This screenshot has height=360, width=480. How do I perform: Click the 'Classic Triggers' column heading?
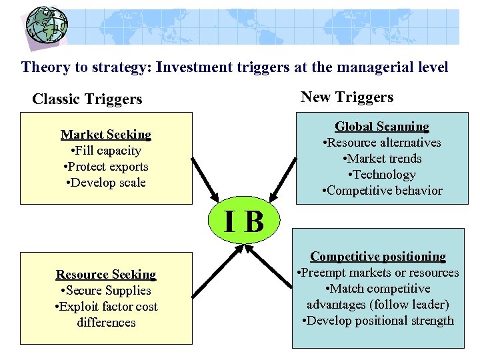(87, 99)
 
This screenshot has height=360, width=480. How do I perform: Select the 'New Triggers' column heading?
(347, 97)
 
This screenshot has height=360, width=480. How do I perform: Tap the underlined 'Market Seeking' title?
(106, 135)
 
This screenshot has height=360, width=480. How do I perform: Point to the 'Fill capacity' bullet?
(106, 151)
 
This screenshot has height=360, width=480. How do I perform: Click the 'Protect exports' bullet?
(106, 167)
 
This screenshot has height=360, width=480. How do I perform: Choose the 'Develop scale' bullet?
(106, 183)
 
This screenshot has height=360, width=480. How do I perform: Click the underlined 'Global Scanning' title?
(382, 127)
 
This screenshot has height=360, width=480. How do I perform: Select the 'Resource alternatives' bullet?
(382, 143)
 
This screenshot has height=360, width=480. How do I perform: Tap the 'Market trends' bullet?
(382, 159)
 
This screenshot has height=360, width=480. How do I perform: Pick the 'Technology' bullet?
(382, 175)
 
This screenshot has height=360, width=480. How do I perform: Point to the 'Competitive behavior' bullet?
(382, 191)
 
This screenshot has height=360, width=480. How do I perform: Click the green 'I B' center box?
(245, 221)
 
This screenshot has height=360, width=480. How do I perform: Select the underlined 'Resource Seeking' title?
(106, 275)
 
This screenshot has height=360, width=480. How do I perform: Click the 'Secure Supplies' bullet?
(106, 291)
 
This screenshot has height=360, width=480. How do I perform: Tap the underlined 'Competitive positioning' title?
(378, 257)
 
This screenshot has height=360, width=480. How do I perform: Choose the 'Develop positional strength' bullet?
(378, 321)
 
